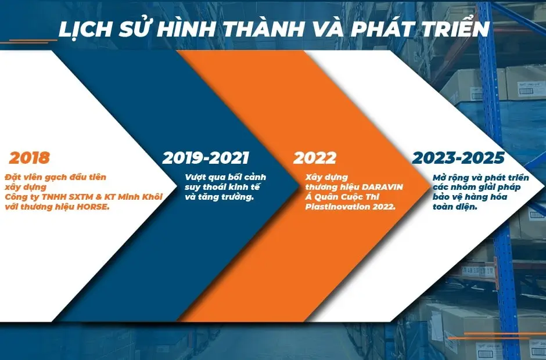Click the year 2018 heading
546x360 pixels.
[x=29, y=158]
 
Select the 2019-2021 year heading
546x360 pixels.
[x=206, y=158]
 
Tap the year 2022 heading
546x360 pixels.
[x=315, y=158]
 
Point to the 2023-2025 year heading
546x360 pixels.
[x=458, y=158]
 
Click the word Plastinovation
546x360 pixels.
[x=333, y=207]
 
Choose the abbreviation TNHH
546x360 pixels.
[x=55, y=197]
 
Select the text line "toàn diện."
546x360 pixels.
[x=455, y=207]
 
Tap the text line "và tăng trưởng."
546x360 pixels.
[x=220, y=197]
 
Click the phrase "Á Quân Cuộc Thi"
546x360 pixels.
[x=342, y=197]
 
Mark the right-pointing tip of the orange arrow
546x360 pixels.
[x=431, y=187]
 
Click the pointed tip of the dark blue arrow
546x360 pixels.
[x=300, y=187]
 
